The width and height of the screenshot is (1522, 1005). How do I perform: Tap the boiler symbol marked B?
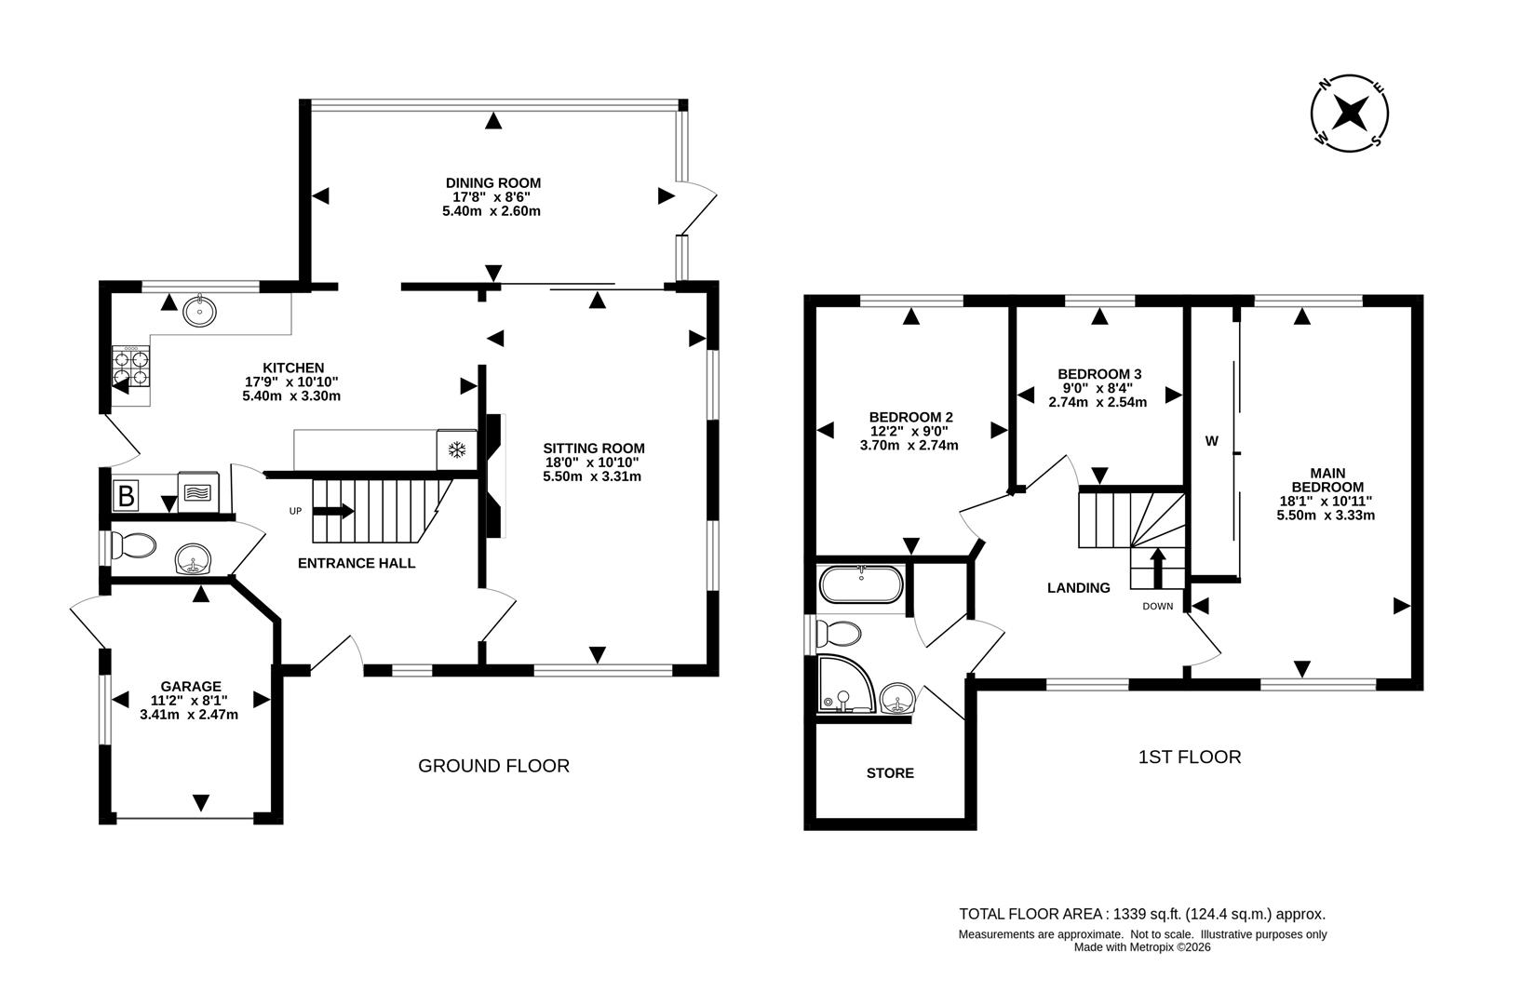126,495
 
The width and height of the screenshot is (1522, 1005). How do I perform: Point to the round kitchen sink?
198,311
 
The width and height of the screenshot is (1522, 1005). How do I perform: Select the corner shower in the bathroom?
844,685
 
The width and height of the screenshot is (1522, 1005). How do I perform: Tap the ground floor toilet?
133,546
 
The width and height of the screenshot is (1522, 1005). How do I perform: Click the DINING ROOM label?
492,183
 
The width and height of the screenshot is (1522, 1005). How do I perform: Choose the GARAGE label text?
190,687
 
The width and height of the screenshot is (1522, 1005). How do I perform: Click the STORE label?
890,773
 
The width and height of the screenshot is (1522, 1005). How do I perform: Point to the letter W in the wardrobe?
1211,442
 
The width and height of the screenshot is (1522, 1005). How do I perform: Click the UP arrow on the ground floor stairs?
333,511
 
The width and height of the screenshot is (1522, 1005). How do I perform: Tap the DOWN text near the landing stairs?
1158,607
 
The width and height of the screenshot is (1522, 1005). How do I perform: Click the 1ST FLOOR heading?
1189,757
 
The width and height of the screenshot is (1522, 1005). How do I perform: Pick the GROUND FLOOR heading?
493,766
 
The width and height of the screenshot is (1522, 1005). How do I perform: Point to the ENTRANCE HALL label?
357,563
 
